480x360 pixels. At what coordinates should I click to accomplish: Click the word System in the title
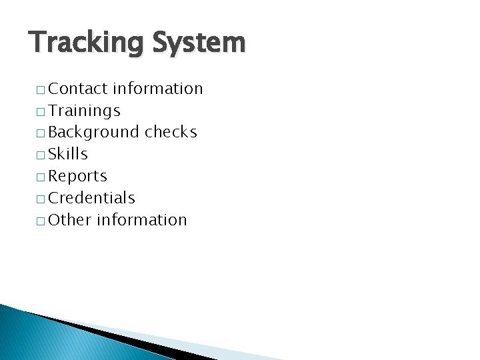pyautogui.click(x=199, y=43)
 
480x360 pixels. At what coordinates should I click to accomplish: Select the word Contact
pyautogui.click(x=79, y=89)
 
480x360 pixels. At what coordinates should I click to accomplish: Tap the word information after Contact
pyautogui.click(x=158, y=89)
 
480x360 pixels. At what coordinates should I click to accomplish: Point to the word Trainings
pyautogui.click(x=85, y=111)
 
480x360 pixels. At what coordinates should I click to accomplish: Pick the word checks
pyautogui.click(x=171, y=132)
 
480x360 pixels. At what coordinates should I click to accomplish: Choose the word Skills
pyautogui.click(x=68, y=154)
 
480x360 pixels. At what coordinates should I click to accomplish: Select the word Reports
pyautogui.click(x=78, y=177)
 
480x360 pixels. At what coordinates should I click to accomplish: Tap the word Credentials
pyautogui.click(x=92, y=198)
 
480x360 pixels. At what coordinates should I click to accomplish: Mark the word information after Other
pyautogui.click(x=142, y=220)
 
